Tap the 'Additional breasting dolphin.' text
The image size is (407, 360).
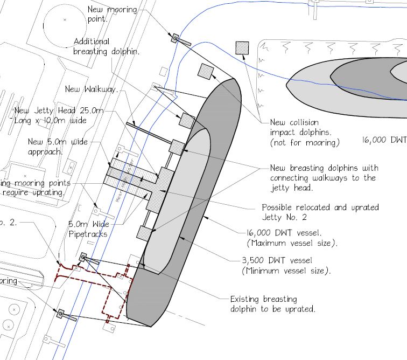tap(107, 47)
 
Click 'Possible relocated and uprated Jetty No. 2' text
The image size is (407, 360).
tap(320, 212)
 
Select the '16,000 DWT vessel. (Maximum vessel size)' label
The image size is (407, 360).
tap(291, 238)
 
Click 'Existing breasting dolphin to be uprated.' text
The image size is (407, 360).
tap(272, 304)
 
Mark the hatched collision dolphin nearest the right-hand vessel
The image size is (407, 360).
tap(242, 47)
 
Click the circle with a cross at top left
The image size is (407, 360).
tap(65, 20)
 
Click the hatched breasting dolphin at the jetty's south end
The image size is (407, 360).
tap(144, 233)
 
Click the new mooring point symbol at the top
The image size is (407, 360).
tap(176, 38)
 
